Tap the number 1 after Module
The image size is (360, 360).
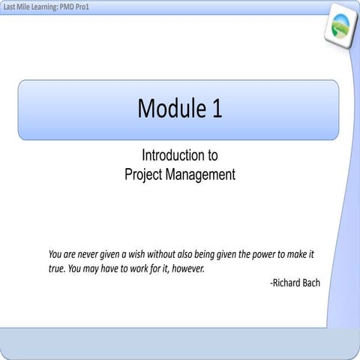tap(217, 109)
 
